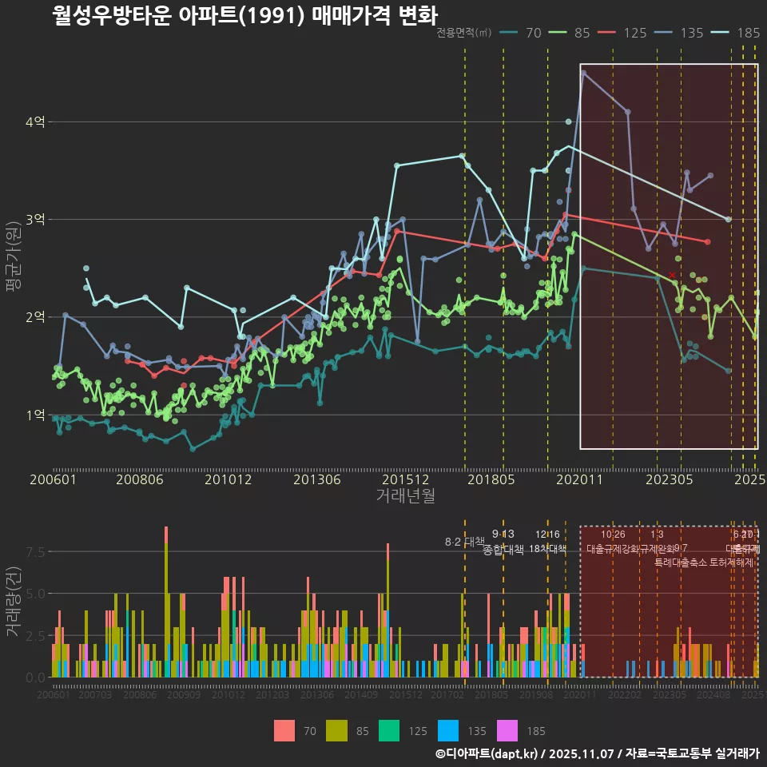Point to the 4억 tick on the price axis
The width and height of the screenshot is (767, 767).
(x=34, y=121)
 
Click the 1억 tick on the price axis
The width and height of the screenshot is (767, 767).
(x=34, y=415)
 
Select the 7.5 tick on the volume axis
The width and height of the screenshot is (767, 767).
(x=34, y=552)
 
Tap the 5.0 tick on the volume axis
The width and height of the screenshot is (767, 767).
(x=34, y=594)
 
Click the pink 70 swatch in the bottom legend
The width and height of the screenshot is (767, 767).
(x=284, y=730)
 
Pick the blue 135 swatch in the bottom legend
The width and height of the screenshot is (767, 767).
(x=449, y=730)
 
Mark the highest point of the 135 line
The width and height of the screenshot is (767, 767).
(x=583, y=73)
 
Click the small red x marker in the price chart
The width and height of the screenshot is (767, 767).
(x=672, y=275)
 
